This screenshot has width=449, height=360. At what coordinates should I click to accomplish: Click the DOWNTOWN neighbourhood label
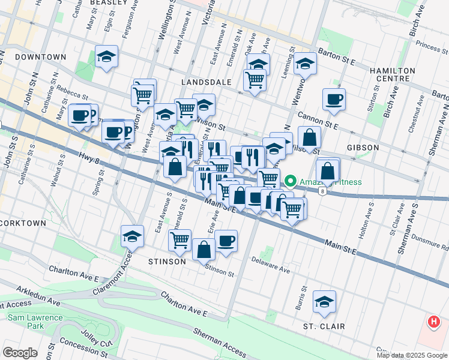[40, 57]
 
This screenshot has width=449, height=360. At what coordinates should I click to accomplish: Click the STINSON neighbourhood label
[167, 262]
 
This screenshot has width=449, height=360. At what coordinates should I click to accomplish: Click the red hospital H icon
[433, 322]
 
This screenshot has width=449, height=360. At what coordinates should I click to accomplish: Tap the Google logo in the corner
[20, 352]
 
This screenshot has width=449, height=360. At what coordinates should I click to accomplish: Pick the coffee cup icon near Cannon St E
[334, 100]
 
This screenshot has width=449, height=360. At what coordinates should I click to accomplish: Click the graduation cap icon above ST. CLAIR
[324, 302]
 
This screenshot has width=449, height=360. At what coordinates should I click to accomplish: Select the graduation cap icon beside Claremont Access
[132, 236]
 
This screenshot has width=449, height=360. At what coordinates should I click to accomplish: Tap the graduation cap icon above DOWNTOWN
[106, 57]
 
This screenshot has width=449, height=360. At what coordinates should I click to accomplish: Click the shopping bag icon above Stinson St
[204, 249]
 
